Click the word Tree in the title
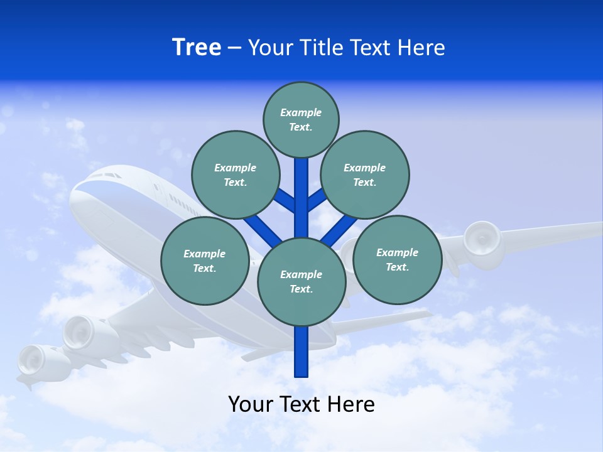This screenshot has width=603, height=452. (x=197, y=47)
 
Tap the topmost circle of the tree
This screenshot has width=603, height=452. (x=301, y=119)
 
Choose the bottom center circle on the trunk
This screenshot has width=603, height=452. (x=301, y=282)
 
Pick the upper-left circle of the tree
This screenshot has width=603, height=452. (x=235, y=175)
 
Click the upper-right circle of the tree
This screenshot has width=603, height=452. (x=365, y=175)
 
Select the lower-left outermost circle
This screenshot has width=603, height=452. (x=205, y=261)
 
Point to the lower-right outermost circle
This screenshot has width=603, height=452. (x=397, y=259)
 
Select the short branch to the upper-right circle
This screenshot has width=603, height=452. (x=317, y=200)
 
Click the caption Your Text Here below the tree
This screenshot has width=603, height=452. (x=301, y=404)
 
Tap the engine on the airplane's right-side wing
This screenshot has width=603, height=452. (x=482, y=239)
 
